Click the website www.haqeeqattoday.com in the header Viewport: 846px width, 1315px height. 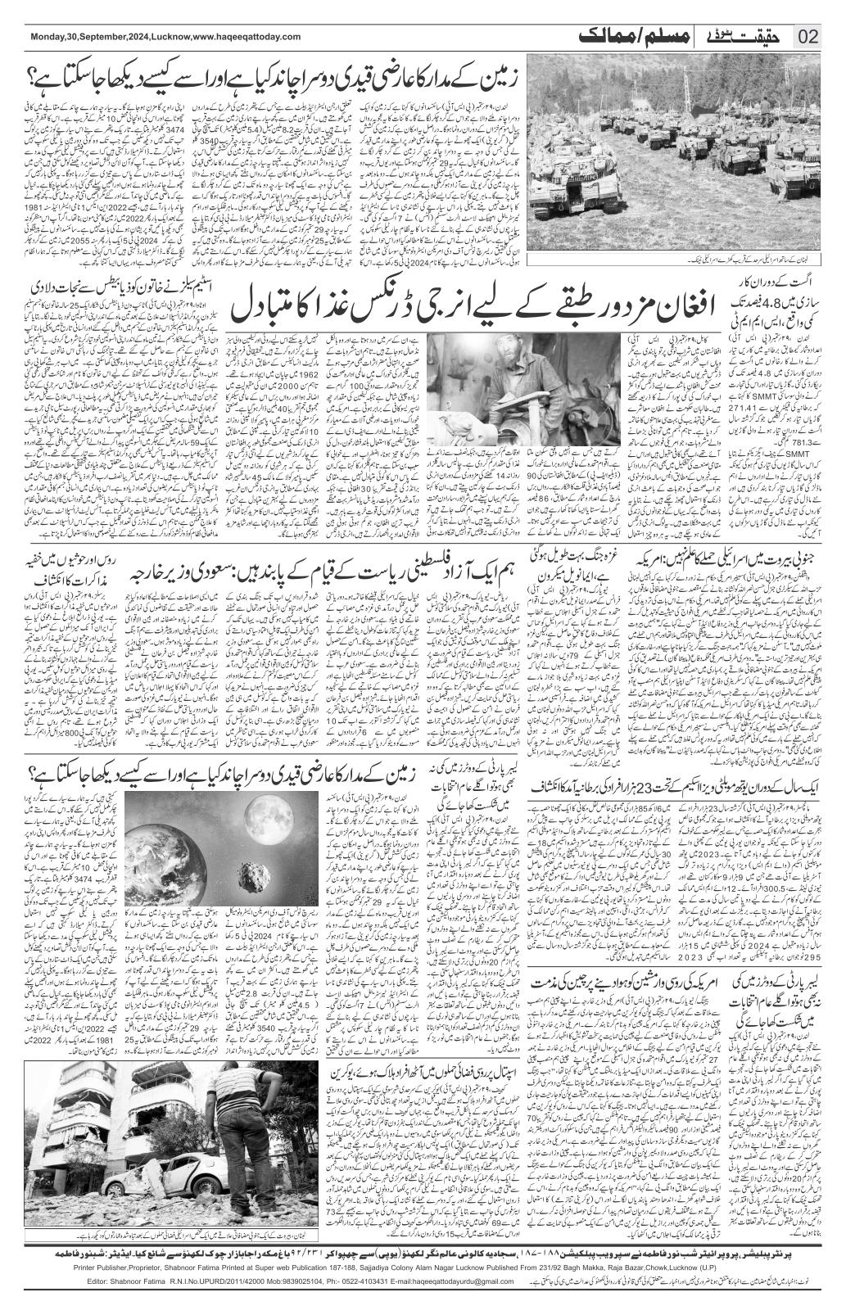pyautogui.click(x=247, y=37)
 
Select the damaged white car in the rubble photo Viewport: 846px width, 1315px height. pyautogui.click(x=152, y=1187)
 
